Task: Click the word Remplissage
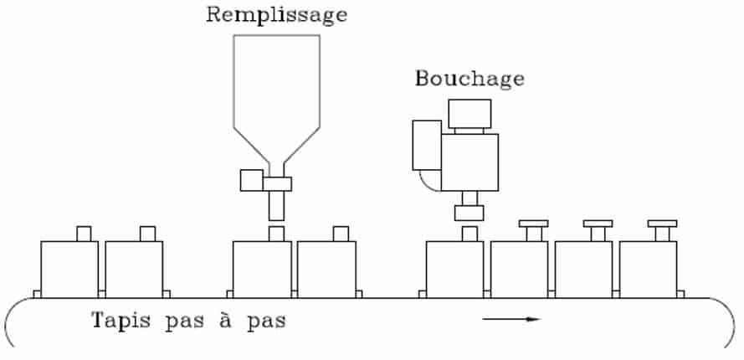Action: [x=277, y=16]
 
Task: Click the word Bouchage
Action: [x=469, y=79]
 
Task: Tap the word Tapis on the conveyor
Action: [x=121, y=321]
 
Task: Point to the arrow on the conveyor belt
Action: [x=511, y=319]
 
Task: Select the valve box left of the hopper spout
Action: [x=251, y=181]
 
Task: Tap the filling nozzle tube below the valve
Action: [x=277, y=206]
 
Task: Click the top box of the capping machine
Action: [x=469, y=114]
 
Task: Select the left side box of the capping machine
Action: [x=427, y=146]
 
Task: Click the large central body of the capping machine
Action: [x=469, y=162]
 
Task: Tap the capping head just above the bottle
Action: [x=469, y=213]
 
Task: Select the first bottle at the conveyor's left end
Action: [x=69, y=270]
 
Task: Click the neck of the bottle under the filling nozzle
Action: [x=277, y=234]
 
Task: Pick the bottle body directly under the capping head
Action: [x=455, y=270]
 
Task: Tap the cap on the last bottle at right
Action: [x=662, y=224]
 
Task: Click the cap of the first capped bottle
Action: [x=533, y=224]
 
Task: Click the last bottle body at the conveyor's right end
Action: [x=648, y=270]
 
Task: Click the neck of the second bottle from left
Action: [x=147, y=234]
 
